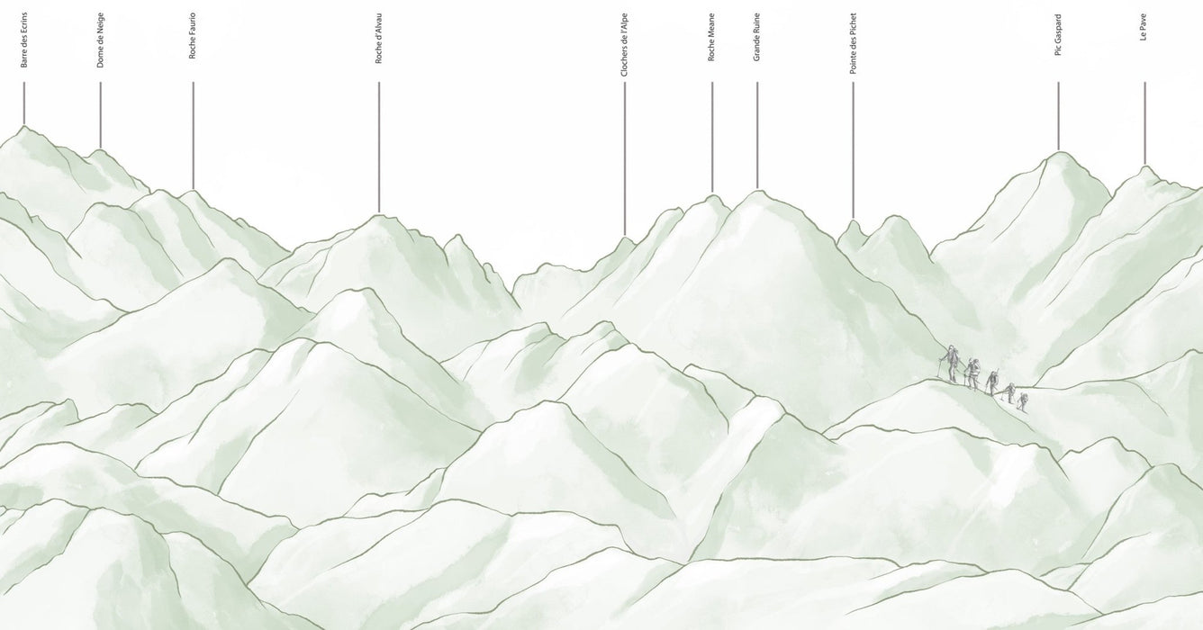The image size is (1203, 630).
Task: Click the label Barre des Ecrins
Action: [24, 40]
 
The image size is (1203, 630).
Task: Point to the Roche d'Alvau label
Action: [379, 40]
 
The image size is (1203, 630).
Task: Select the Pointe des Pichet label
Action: [854, 43]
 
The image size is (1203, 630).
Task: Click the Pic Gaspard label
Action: [1058, 36]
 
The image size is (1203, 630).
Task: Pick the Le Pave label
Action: [1144, 28]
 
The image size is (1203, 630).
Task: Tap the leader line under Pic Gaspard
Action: [1058, 116]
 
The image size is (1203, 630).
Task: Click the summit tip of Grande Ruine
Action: [757, 191]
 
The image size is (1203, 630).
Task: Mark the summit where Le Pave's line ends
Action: [1144, 166]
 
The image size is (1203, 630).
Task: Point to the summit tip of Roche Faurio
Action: [193, 191]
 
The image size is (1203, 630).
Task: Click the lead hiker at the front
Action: [949, 364]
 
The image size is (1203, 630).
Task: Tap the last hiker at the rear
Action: [1021, 400]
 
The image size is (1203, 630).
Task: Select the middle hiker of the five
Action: [992, 382]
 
